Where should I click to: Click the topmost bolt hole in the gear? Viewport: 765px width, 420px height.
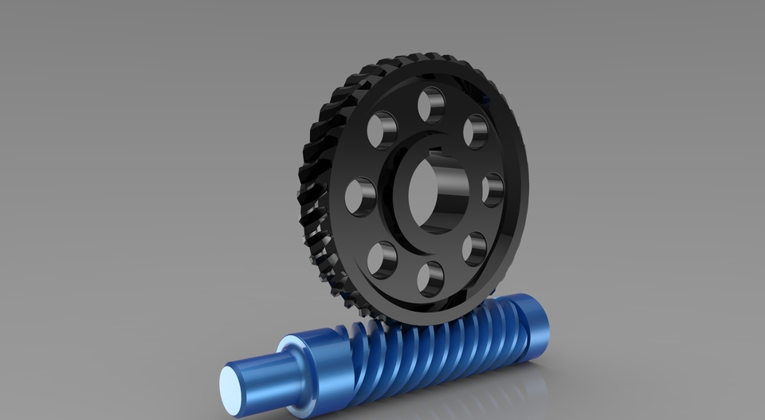click(431, 104)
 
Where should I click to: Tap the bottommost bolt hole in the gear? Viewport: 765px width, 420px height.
click(430, 278)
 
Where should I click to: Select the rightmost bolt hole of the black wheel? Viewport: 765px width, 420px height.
click(492, 190)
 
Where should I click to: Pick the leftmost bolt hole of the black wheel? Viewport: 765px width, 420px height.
click(360, 196)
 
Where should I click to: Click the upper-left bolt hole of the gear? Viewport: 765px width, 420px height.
click(382, 130)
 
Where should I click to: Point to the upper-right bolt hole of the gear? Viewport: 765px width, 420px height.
click(476, 131)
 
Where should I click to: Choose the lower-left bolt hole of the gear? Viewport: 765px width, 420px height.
click(382, 260)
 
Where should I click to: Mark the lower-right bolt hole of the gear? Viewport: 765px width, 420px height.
click(474, 248)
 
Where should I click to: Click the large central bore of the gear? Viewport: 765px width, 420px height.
click(437, 193)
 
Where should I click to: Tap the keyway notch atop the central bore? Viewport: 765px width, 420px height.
click(437, 151)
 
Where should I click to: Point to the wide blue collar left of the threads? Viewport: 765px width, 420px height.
click(307, 366)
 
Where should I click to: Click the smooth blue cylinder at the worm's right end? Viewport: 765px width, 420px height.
click(531, 327)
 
